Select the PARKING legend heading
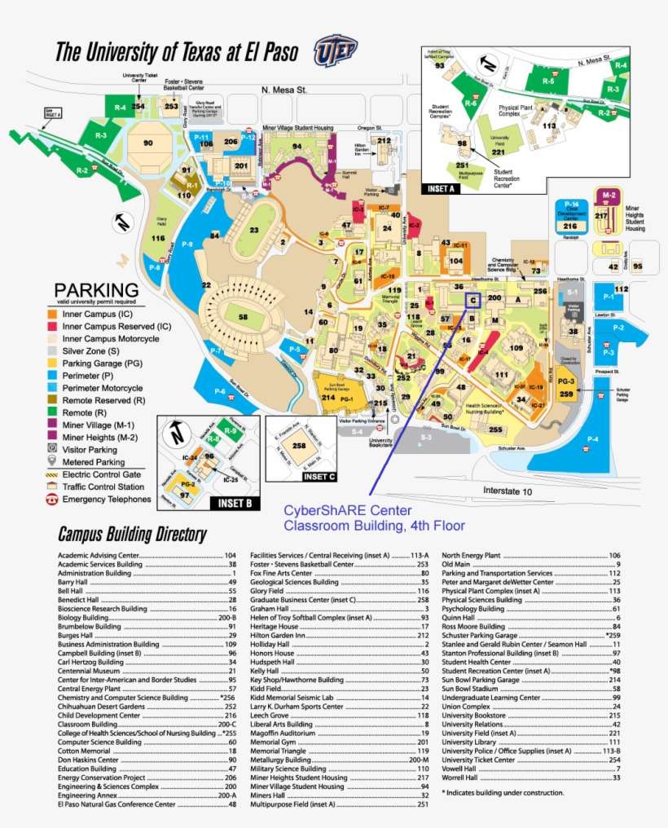pos(96,289)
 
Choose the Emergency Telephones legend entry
pos(105,499)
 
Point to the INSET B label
pos(235,504)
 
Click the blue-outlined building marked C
pos(472,299)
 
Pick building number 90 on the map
pos(147,143)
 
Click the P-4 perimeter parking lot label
pos(591,440)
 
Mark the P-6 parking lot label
pos(219,392)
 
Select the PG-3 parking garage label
pos(566,381)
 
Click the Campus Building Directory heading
pos(131,535)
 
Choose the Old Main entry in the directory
pos(456,564)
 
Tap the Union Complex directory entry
pos(466,707)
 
